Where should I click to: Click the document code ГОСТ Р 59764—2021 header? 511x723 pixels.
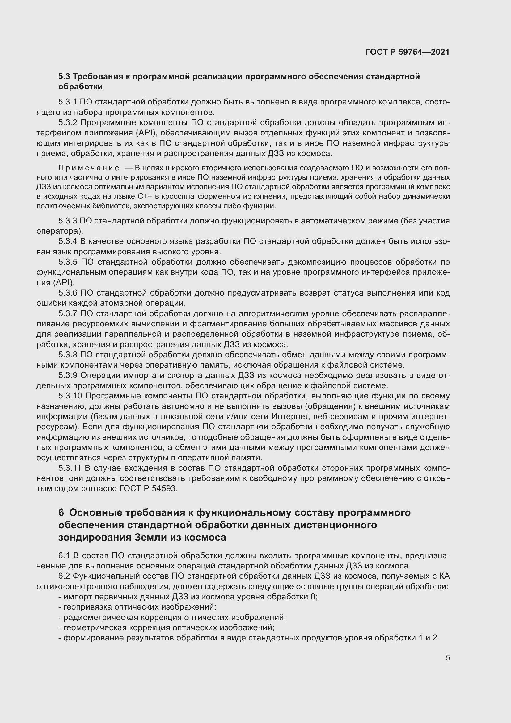(407, 52)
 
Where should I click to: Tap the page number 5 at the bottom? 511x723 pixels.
(447, 657)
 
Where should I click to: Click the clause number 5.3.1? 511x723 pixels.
(67, 102)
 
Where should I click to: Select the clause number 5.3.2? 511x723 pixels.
(68, 122)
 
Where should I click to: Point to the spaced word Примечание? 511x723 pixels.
(89, 168)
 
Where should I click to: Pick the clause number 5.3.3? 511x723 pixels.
(68, 221)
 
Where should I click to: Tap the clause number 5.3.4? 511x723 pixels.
(68, 241)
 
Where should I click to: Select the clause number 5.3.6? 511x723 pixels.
(68, 293)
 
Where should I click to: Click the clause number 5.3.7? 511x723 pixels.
(68, 313)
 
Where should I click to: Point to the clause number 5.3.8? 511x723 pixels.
(68, 355)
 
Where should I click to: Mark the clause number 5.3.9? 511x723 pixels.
(68, 375)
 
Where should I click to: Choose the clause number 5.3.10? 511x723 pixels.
(70, 396)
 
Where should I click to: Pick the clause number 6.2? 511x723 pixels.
(64, 576)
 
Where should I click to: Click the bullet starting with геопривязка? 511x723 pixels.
(137, 607)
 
